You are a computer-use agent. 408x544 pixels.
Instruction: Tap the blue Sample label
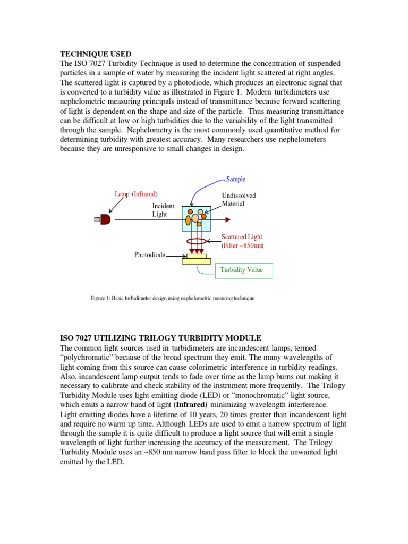pyautogui.click(x=236, y=179)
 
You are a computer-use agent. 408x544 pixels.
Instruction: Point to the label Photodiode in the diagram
pyautogui.click(x=149, y=256)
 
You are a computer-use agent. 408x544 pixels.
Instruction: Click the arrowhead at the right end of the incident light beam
pyautogui.click(x=227, y=219)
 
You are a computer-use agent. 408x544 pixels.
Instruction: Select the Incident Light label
pyautogui.click(x=160, y=210)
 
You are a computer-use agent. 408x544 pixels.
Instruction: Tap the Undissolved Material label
pyautogui.click(x=239, y=200)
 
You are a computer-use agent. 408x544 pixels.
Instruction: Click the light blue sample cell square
pyautogui.click(x=196, y=218)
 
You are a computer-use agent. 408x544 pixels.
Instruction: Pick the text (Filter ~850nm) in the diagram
pyautogui.click(x=242, y=246)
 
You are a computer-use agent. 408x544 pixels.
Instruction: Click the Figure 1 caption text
pyautogui.click(x=173, y=299)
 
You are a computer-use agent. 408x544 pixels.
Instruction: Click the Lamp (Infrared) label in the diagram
pyautogui.click(x=137, y=194)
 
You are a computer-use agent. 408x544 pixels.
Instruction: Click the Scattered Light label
pyautogui.click(x=242, y=237)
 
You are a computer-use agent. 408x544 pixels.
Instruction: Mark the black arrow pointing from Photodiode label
pyautogui.click(x=175, y=256)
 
